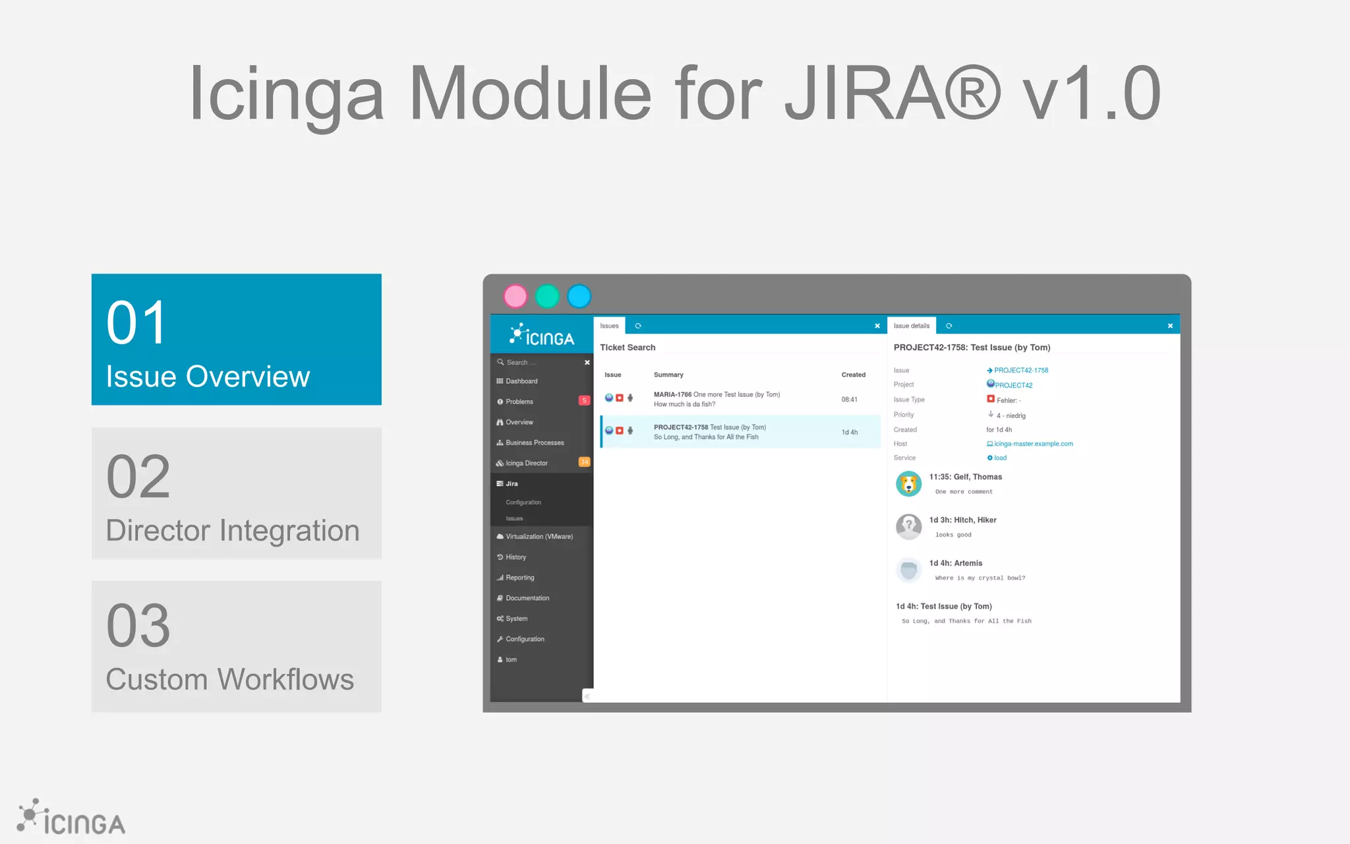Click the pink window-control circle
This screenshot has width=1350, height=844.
[x=515, y=297]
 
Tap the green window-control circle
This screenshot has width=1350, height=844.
[x=547, y=297]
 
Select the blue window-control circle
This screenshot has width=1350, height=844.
[x=579, y=297]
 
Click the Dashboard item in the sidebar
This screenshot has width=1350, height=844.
[x=521, y=381]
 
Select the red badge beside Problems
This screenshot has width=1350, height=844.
[x=584, y=401]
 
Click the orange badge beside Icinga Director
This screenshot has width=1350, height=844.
[x=584, y=462]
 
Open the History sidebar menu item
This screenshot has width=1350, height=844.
[x=515, y=557]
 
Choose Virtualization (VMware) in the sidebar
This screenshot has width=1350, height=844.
[x=539, y=537]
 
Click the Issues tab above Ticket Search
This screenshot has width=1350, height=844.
[x=609, y=326]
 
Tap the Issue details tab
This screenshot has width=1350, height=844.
[x=911, y=326]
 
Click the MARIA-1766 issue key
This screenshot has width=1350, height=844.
[x=672, y=394]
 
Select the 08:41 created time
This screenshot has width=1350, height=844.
[x=849, y=400]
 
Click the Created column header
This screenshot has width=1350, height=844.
[x=853, y=375]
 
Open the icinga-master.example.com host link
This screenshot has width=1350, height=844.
[x=1033, y=444]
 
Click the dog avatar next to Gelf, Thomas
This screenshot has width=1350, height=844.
[x=908, y=484]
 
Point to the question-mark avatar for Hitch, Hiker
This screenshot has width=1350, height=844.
[x=908, y=527]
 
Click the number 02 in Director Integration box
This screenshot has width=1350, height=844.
[x=138, y=477]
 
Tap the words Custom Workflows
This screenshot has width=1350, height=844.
[x=230, y=679]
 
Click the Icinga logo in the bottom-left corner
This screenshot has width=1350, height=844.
[x=71, y=818]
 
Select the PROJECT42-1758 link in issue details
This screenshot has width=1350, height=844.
[x=1020, y=371]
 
